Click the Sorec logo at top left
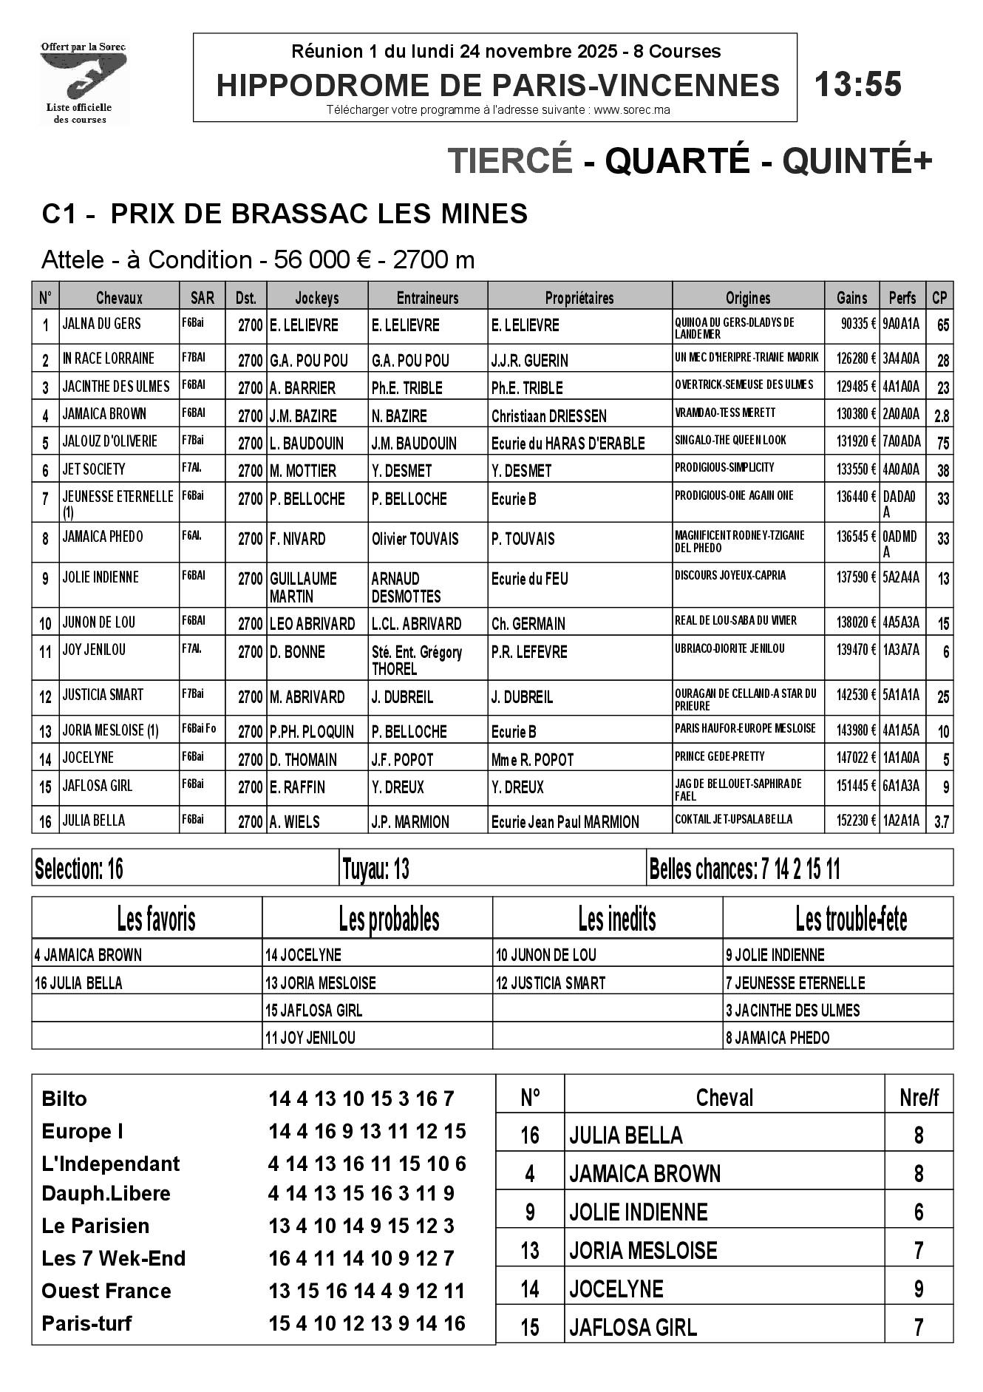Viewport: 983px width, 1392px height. coord(84,82)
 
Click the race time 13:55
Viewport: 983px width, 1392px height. coord(857,85)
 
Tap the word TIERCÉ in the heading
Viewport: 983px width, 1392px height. coord(510,160)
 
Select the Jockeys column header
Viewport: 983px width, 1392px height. coord(317,298)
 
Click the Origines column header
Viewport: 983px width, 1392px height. coord(747,298)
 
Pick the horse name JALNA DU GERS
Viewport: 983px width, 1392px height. coord(102,324)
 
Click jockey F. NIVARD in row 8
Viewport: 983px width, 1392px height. coord(298,539)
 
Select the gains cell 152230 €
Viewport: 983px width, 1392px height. coord(856,820)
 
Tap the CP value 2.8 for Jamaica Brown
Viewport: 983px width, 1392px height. coord(942,415)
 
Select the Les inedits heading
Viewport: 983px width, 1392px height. coord(616,920)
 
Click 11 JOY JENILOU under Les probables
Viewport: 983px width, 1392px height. coord(310,1038)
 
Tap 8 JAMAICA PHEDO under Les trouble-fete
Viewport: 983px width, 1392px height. coord(778,1038)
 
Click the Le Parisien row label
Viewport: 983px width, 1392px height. coord(95,1226)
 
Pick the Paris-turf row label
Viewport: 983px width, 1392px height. coord(86,1323)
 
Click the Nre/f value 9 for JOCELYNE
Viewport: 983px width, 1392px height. coord(919,1289)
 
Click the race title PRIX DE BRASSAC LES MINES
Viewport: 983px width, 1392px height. coord(319,214)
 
